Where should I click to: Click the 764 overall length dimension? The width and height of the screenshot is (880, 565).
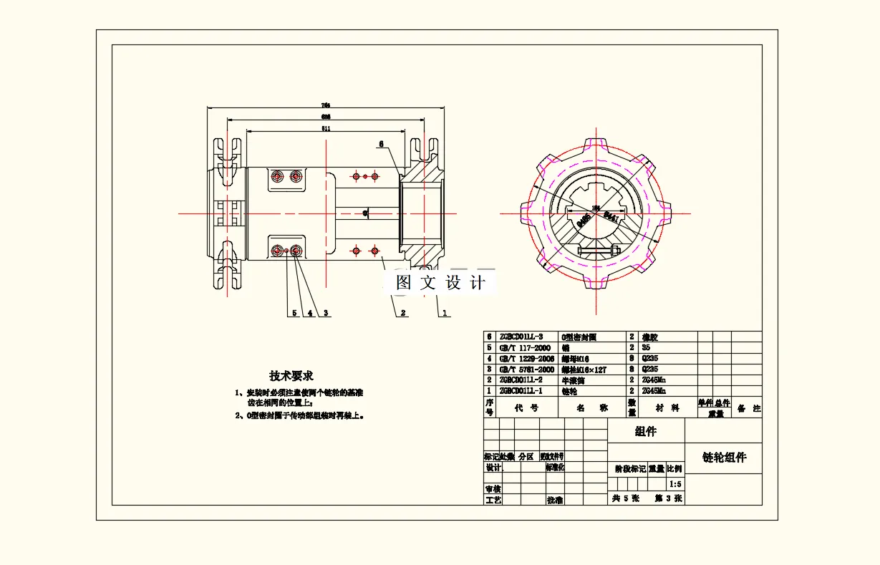[326, 105]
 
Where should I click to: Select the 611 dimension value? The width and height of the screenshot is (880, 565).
[326, 129]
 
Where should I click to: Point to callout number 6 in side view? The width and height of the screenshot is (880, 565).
[381, 144]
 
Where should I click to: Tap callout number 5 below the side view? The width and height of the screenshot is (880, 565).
[294, 313]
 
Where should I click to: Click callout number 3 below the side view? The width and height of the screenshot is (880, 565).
[326, 313]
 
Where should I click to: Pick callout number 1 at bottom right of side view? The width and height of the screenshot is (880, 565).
[445, 313]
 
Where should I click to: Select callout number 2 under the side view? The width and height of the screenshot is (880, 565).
[403, 313]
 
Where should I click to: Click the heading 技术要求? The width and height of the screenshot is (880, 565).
[291, 375]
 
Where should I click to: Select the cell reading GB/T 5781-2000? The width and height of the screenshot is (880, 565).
[526, 370]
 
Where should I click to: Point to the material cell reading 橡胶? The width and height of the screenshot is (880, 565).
[650, 337]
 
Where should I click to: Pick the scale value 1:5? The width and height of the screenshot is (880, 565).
[674, 484]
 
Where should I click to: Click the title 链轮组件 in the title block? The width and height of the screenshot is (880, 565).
[724, 458]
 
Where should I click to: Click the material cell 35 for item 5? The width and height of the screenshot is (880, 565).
[647, 347]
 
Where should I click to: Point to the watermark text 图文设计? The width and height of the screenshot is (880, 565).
[440, 283]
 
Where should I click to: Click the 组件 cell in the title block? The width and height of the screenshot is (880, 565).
[645, 431]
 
